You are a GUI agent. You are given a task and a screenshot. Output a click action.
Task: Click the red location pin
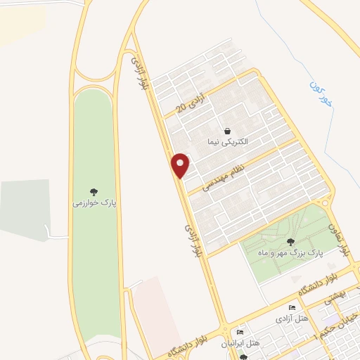181,165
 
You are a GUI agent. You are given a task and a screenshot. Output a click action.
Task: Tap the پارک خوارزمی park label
94,203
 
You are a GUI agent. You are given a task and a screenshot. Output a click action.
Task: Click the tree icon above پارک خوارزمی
94,191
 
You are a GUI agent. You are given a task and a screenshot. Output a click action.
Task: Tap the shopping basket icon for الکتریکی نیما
228,131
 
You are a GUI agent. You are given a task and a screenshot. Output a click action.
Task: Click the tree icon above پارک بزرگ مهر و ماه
291,242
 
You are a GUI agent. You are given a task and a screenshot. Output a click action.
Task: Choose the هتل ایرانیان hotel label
240,343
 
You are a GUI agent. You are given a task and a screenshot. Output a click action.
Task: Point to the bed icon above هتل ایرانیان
240,333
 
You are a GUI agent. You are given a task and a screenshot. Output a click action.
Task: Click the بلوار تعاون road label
340,237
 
